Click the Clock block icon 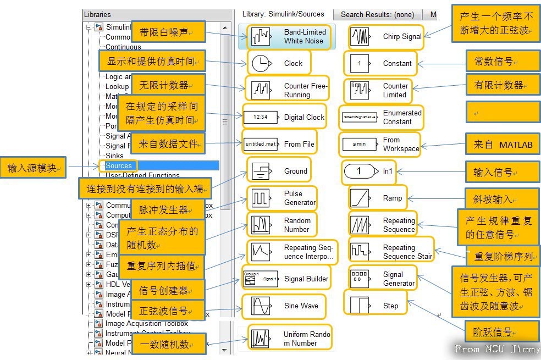[x=261, y=63]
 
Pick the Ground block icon [x=261, y=171]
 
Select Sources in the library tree [x=119, y=165]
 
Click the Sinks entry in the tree [x=114, y=156]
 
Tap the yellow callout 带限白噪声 [x=168, y=32]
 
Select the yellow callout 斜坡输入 [x=502, y=200]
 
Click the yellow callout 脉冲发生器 [x=167, y=209]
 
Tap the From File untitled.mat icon [x=261, y=144]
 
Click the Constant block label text [x=397, y=63]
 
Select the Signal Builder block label [x=306, y=279]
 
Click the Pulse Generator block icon [x=261, y=198]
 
